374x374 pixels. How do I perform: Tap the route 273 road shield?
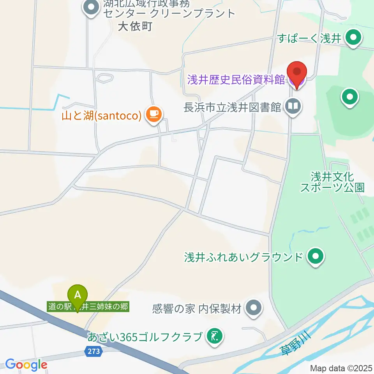93,351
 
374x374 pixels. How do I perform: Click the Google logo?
26,365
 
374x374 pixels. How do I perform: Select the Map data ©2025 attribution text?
341,368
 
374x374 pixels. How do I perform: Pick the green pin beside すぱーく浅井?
354,38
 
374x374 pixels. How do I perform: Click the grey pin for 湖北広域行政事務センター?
92,7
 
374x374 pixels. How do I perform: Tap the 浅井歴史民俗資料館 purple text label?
236,80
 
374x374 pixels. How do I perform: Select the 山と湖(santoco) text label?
101,115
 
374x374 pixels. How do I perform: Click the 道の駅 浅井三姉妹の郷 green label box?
88,307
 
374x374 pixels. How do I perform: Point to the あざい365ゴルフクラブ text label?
145,336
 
